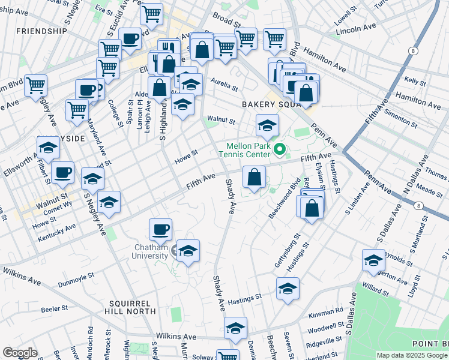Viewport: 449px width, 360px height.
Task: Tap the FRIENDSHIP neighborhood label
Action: [x=42, y=31]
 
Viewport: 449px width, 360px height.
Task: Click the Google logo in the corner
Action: [x=19, y=353]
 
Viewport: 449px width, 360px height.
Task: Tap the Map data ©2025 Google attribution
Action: [x=412, y=355]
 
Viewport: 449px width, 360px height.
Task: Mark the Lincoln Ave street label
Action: [x=357, y=29]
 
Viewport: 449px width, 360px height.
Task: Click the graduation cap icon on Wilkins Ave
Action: [x=236, y=328]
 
